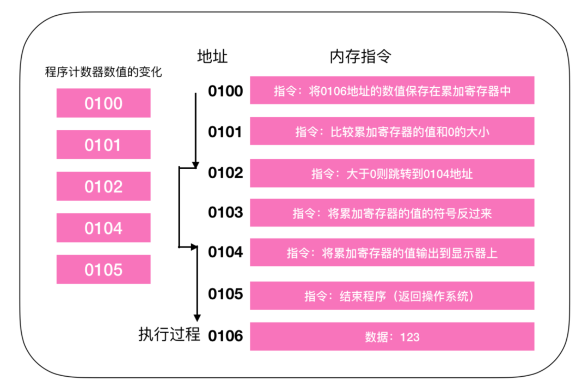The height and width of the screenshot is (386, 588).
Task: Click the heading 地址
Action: pos(212,57)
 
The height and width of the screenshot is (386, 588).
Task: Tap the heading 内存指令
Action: pos(360,57)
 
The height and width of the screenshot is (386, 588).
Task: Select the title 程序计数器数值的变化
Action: pos(103,72)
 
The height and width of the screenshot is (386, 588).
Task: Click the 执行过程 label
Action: pos(169,334)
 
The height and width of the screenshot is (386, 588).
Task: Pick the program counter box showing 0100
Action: pos(103,103)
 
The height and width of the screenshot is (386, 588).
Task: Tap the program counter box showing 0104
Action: pos(103,228)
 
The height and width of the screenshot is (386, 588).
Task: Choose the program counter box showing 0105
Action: pos(103,269)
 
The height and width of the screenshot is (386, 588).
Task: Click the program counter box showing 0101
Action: pos(103,144)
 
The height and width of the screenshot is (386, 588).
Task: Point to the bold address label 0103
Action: pos(225,213)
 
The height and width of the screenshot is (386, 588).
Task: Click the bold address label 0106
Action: pos(225,336)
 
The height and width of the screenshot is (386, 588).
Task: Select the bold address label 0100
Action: pos(225,91)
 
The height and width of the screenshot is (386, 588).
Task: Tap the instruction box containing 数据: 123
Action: pos(392,336)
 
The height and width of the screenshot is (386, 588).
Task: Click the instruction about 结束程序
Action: pos(392,296)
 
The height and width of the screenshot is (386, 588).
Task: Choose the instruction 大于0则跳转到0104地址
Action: pos(392,173)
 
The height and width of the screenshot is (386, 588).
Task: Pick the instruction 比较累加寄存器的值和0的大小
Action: pos(392,131)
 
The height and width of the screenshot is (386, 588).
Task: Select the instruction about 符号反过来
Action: pos(392,213)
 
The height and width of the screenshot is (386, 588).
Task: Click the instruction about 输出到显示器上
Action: pos(392,252)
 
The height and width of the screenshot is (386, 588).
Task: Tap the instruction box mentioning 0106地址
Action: pos(392,91)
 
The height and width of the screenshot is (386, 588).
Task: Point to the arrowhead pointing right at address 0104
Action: pos(194,246)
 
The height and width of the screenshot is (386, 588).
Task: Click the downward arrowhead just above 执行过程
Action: pos(197,318)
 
